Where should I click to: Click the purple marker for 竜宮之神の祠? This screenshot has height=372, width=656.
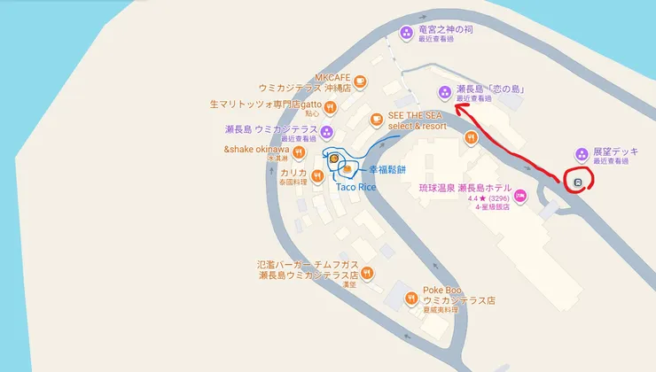pos(407,33)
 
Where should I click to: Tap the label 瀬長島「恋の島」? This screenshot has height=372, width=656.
pos(490,89)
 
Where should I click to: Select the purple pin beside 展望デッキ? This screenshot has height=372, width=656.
pos(582,154)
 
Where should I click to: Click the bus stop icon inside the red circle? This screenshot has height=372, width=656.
pos(577,182)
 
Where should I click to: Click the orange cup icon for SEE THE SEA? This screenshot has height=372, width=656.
pos(377,119)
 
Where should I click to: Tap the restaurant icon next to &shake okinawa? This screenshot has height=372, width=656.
pos(299,152)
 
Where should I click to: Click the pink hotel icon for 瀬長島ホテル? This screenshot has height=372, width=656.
pos(520,195)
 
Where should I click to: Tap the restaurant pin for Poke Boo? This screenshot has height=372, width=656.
pos(411,298)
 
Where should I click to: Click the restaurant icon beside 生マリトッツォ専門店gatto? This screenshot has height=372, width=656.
pos(330,107)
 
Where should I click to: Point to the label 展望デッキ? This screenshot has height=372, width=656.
pos(619,151)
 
